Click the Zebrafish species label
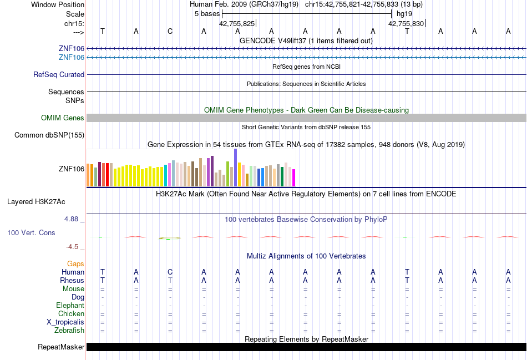pyautogui.click(x=69, y=331)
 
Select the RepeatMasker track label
pyautogui.click(x=61, y=347)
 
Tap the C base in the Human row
pyautogui.click(x=170, y=272)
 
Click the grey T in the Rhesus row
pyautogui.click(x=170, y=280)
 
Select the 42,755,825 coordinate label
pyautogui.click(x=237, y=23)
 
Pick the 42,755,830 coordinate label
pyautogui.click(x=406, y=23)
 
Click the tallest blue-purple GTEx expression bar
pyautogui.click(x=236, y=168)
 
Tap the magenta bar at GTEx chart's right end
pyautogui.click(x=294, y=178)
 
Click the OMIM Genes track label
pyautogui.click(x=63, y=118)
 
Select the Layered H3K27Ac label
pyautogui.click(x=36, y=202)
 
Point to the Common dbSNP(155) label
pyautogui.click(x=49, y=135)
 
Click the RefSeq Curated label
pyautogui.click(x=59, y=75)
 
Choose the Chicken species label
pyautogui.click(x=71, y=313)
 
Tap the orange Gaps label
pyautogui.click(x=75, y=264)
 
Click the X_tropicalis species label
pyautogui.click(x=65, y=322)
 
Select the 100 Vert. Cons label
pyautogui.click(x=31, y=232)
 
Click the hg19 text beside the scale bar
pyautogui.click(x=404, y=14)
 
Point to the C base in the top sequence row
pyautogui.click(x=170, y=31)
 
